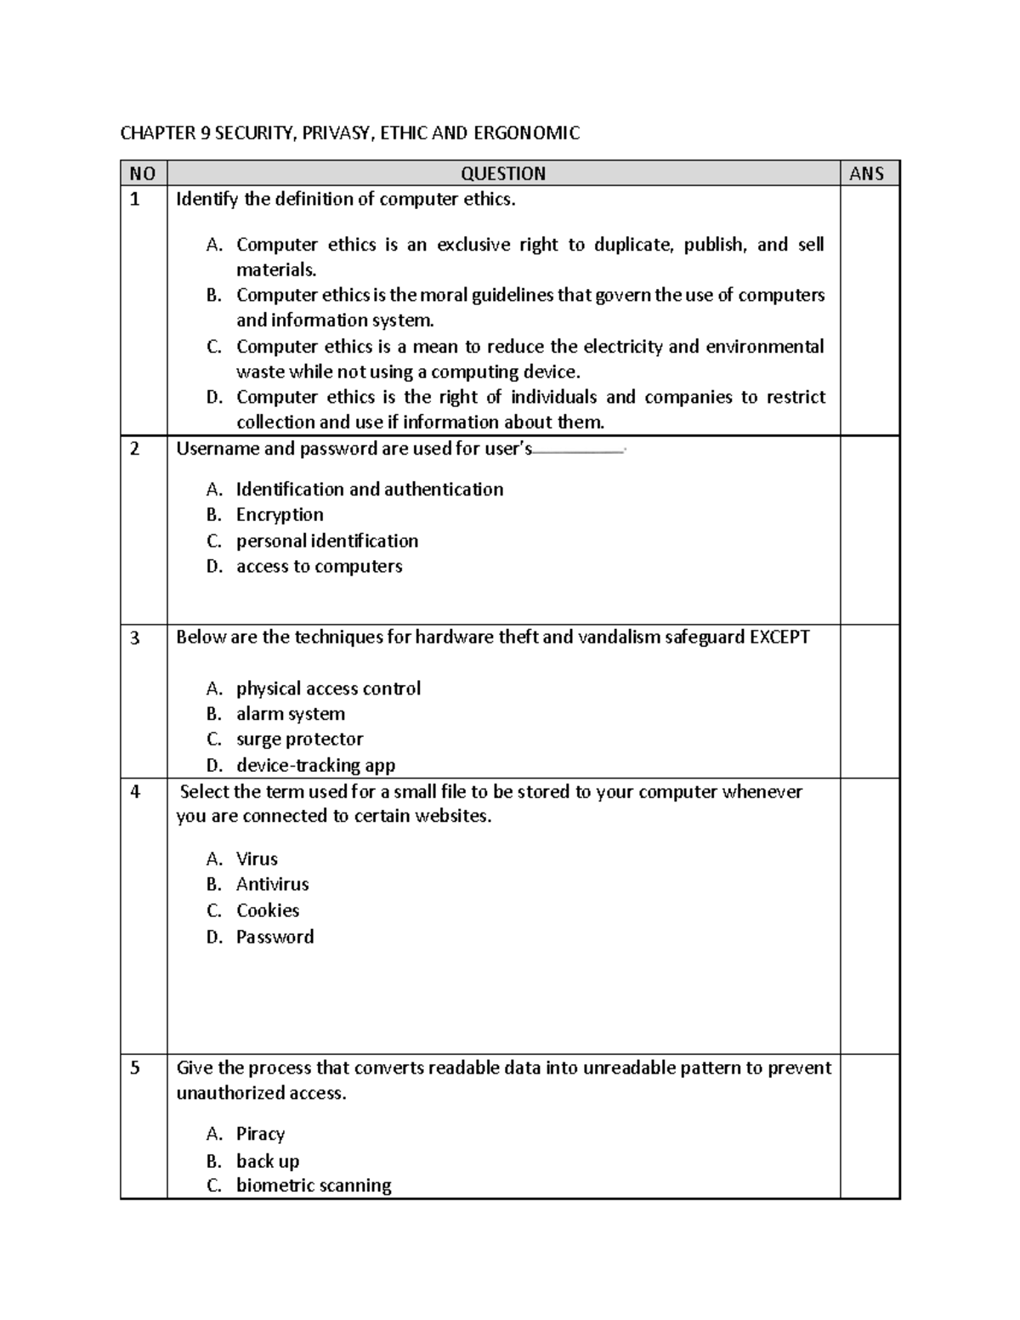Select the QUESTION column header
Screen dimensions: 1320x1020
click(x=503, y=173)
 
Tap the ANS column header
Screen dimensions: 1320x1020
click(x=867, y=173)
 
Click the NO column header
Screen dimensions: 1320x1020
click(x=143, y=173)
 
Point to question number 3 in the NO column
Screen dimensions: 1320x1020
click(x=135, y=637)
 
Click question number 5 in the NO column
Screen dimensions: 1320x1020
click(x=135, y=1068)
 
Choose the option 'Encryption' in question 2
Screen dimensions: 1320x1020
click(x=280, y=515)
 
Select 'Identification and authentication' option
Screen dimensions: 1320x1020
click(x=369, y=490)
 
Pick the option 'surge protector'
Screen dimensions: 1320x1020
click(x=299, y=739)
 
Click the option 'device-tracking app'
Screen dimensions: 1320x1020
click(x=315, y=765)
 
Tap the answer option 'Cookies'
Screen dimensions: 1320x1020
click(x=268, y=910)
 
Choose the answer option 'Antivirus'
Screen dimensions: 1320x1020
click(x=272, y=884)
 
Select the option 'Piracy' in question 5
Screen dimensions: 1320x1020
click(x=260, y=1134)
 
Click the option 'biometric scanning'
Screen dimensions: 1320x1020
click(x=314, y=1185)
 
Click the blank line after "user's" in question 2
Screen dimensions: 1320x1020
click(x=578, y=451)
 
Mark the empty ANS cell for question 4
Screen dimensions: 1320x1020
click(x=869, y=915)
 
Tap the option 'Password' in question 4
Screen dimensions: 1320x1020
click(x=275, y=937)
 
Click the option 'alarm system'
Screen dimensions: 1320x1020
click(x=291, y=714)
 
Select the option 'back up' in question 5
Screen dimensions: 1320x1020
click(x=268, y=1161)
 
